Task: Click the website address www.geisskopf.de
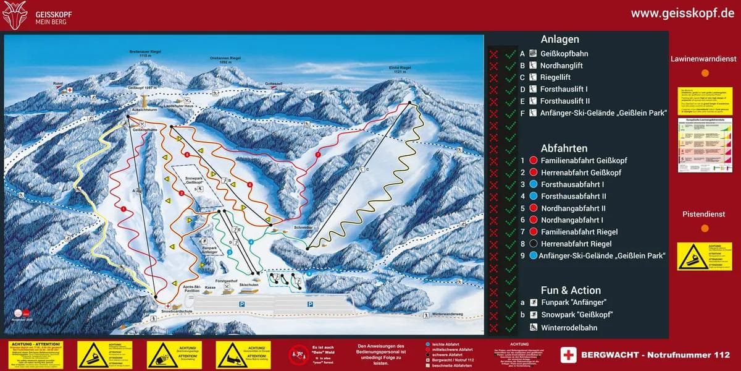682,14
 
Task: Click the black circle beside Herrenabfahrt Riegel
533,244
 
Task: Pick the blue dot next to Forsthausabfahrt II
533,196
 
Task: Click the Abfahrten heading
564,148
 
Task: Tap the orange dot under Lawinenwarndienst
705,73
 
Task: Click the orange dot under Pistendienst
705,228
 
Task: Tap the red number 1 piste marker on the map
124,209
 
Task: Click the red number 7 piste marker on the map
317,154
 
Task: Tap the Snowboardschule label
174,312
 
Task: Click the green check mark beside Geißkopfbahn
510,54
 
